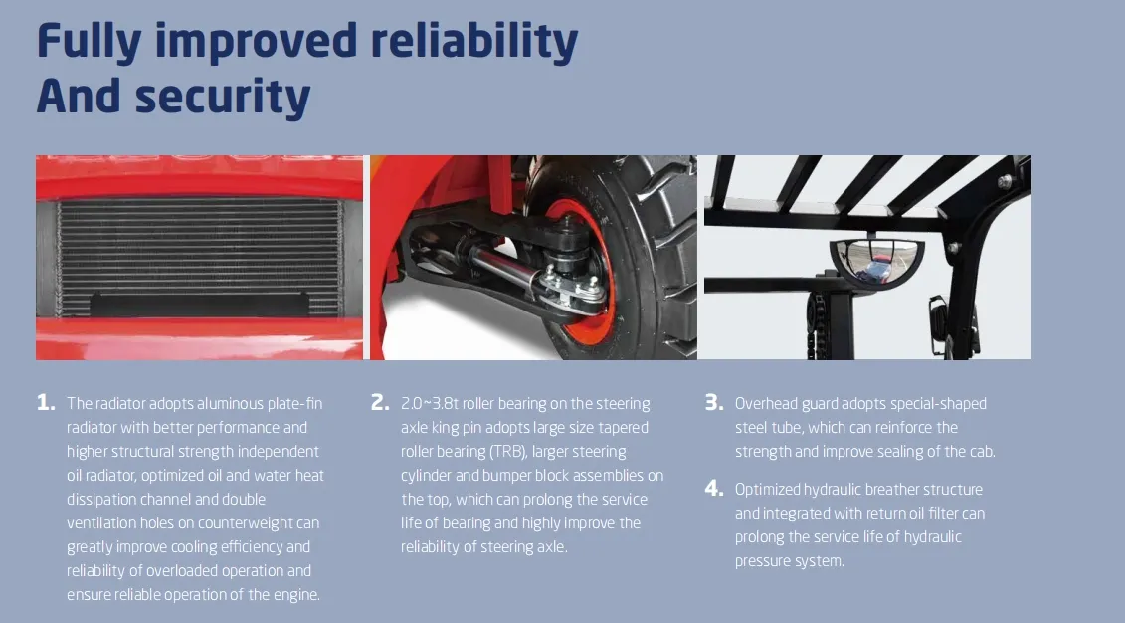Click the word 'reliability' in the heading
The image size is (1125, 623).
(473, 42)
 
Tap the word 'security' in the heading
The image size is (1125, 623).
(223, 97)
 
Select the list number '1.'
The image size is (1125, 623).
(46, 403)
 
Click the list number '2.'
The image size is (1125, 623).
(380, 403)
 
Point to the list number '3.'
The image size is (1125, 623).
(714, 403)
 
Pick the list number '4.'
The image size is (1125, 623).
(714, 488)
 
